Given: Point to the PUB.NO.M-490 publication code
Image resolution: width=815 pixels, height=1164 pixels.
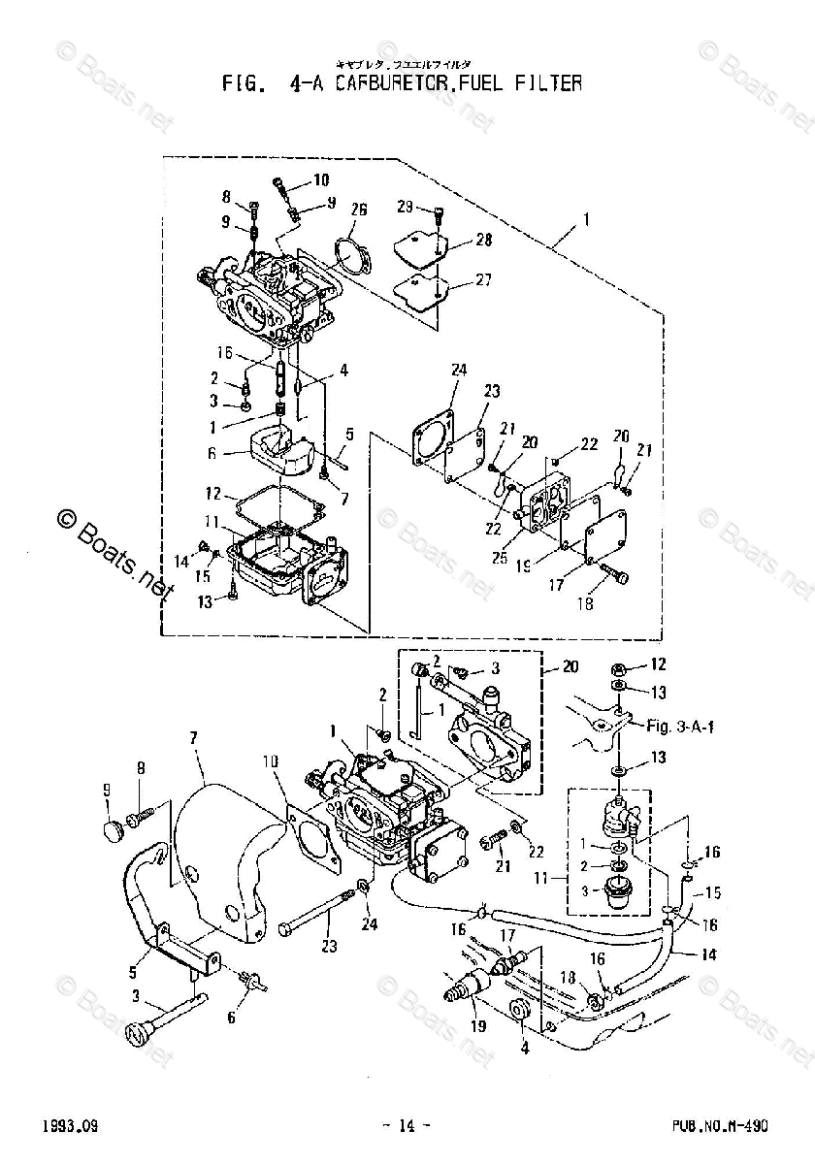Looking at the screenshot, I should tap(720, 1125).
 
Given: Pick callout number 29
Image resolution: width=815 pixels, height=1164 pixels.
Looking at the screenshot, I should tap(406, 207).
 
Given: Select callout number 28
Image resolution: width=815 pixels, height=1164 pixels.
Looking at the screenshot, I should tap(483, 240).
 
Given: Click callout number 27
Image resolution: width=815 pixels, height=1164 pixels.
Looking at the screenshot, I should tap(483, 279).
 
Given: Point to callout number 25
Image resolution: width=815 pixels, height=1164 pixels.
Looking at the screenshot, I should tap(499, 558).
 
